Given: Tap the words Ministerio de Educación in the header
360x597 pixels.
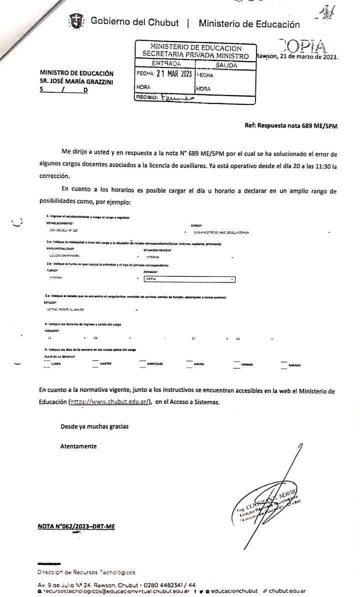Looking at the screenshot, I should [249, 23].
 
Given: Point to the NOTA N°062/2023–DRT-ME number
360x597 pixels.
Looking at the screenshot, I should [76, 526].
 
